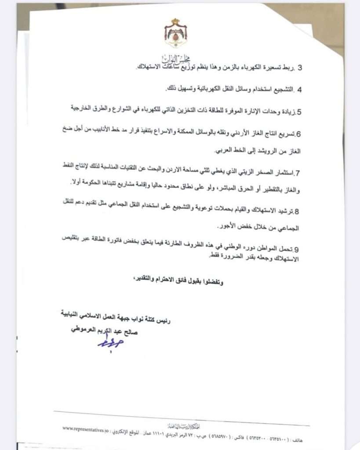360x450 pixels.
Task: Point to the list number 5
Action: (299, 112)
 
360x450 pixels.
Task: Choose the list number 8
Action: (297, 212)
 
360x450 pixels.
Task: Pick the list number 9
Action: (297, 248)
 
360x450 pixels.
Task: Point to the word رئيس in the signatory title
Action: (164, 321)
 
